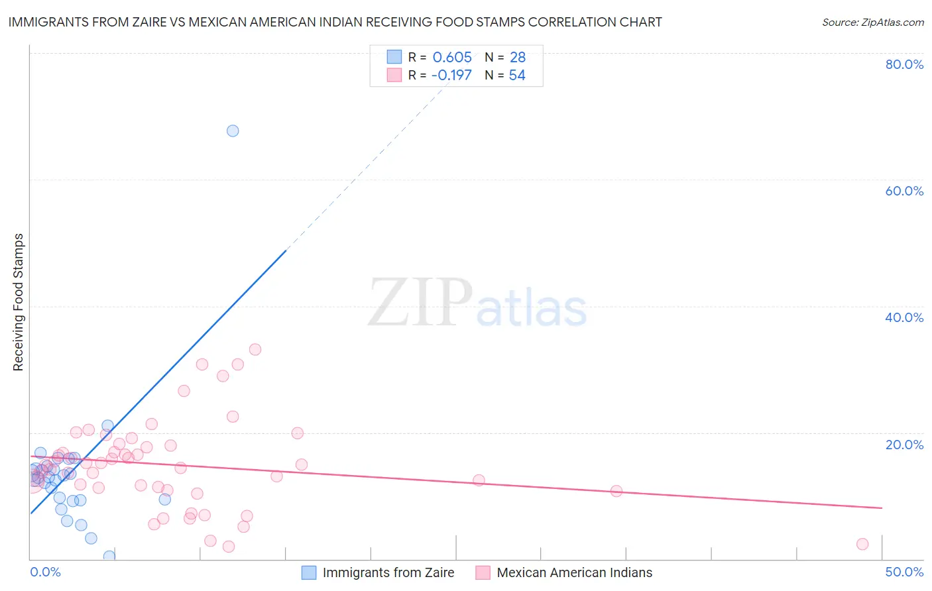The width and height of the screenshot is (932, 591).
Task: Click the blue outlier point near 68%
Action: tap(233, 131)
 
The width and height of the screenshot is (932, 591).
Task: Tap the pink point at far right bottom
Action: tap(862, 544)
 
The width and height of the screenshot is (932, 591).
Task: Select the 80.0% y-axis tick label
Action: tap(904, 64)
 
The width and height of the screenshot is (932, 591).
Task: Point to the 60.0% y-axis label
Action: tap(904, 191)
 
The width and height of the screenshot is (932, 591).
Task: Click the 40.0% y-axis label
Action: tap(904, 317)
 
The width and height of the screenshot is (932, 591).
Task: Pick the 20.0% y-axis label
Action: tap(904, 444)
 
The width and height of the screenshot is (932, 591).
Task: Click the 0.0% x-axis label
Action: tap(46, 572)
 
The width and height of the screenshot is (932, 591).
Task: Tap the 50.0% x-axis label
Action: tap(904, 572)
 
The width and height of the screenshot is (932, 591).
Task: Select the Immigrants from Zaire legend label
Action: tap(388, 572)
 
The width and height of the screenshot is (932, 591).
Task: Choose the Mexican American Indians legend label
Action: tap(574, 572)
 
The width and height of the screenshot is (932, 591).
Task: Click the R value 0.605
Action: tap(452, 57)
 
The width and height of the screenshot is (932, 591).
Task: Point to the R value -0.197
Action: tap(451, 75)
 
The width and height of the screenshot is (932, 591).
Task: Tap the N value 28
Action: tap(518, 57)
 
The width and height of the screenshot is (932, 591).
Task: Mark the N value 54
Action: tap(517, 75)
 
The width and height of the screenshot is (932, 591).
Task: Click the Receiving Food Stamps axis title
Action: tap(19, 302)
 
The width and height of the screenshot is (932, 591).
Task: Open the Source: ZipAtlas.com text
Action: tap(872, 22)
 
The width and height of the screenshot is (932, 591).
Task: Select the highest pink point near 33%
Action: tap(255, 349)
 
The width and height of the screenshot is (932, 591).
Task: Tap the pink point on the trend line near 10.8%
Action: tap(616, 491)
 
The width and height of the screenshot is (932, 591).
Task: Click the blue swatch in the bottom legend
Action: tap(309, 572)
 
